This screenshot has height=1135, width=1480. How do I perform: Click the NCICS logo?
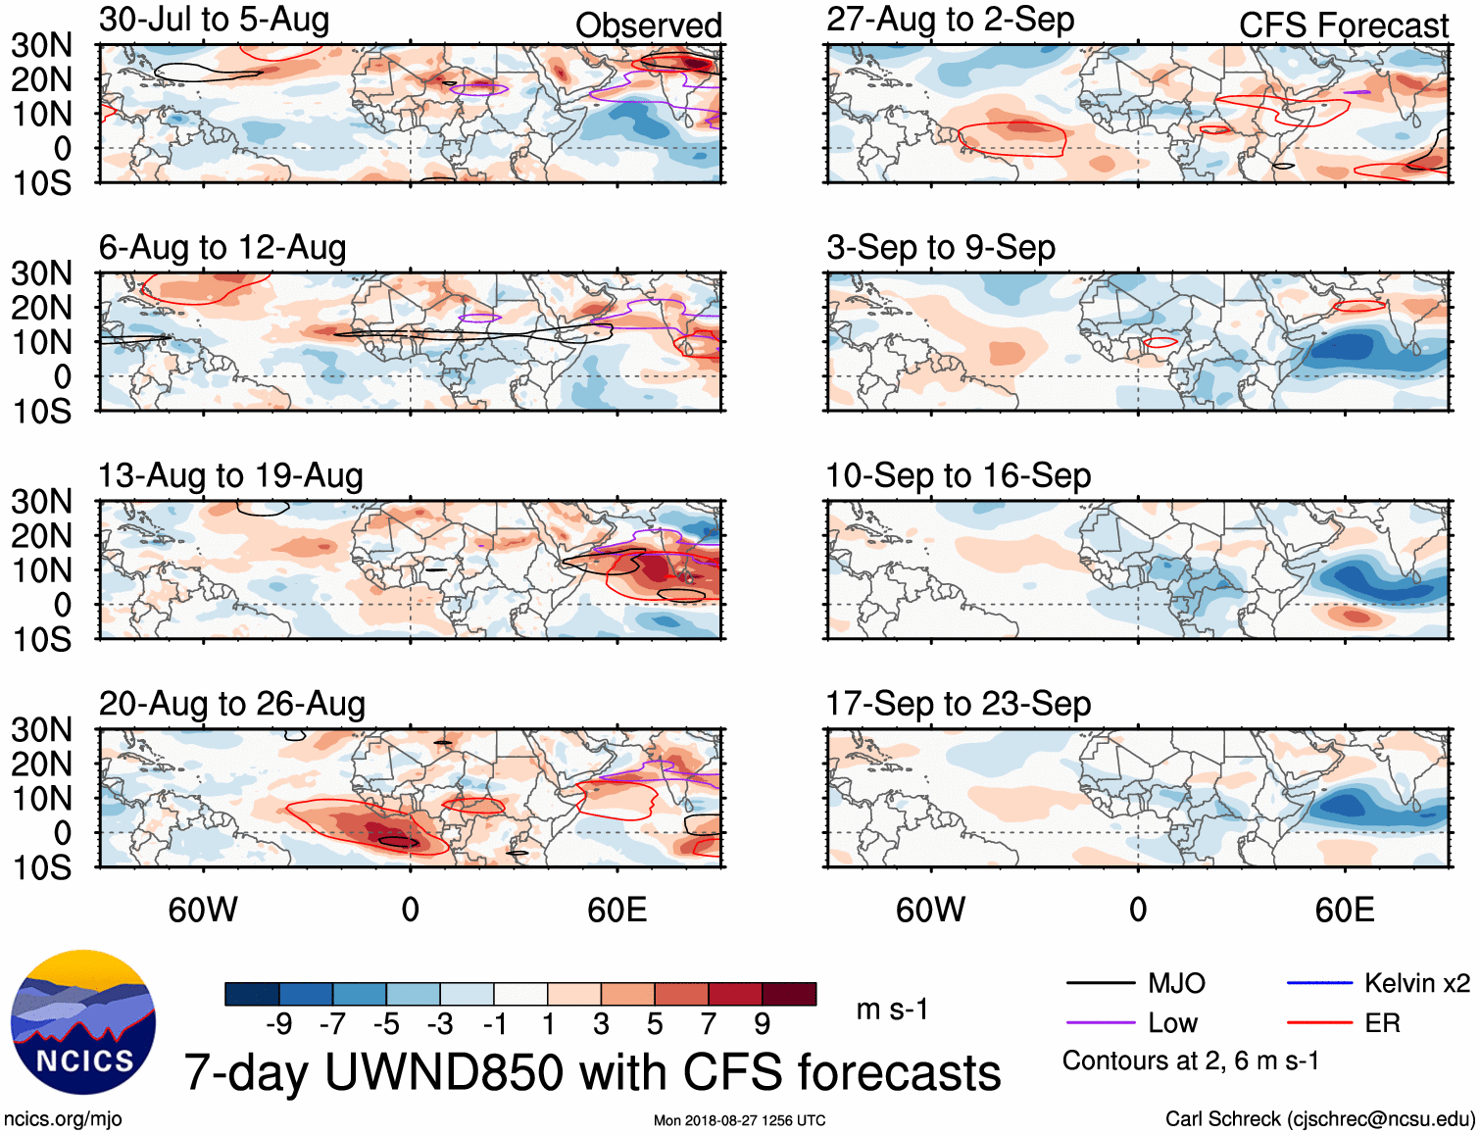coord(83,1021)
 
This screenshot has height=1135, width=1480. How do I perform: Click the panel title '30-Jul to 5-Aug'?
coord(214,20)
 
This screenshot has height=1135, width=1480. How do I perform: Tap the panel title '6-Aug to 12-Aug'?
coord(222,248)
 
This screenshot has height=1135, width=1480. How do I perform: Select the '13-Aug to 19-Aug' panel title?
coord(230,476)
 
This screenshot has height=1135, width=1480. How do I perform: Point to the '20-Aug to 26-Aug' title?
coord(232,704)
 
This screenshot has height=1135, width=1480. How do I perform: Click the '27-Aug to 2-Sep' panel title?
coord(950,20)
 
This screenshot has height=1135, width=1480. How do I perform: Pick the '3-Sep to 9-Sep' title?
coord(941,248)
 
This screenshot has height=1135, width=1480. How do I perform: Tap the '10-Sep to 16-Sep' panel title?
coord(958,476)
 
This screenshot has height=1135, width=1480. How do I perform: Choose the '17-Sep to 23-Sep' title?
coord(958,704)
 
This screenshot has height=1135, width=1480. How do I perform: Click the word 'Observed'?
coord(648,25)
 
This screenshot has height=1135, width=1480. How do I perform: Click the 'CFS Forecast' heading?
coord(1343,25)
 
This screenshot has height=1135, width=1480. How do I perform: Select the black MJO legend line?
coord(1100,983)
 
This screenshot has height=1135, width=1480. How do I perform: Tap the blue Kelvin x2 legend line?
coord(1319,983)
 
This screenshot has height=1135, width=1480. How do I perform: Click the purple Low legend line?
coord(1100,1023)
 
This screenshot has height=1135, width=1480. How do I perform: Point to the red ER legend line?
coord(1319,1023)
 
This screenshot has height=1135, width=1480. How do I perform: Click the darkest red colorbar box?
coord(789,994)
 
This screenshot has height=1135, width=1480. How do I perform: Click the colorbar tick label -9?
coord(278,1024)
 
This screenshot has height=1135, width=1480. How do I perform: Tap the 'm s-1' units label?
coord(892,1010)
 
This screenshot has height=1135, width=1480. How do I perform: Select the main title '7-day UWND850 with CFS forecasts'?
coord(592,1072)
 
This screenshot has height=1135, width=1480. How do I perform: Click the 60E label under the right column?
coord(1344,910)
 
